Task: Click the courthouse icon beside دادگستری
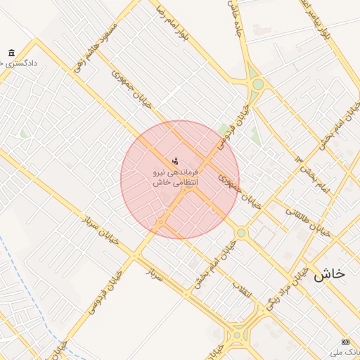pos(11,53)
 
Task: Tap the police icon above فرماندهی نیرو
pos(175,162)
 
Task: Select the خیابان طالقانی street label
pos(307,219)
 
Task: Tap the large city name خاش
pos(329,274)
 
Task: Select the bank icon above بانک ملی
pos(345,341)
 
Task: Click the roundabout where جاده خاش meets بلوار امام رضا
pos(258,84)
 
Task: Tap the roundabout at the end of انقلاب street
pos(237,335)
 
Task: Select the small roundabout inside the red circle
pos(161,223)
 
